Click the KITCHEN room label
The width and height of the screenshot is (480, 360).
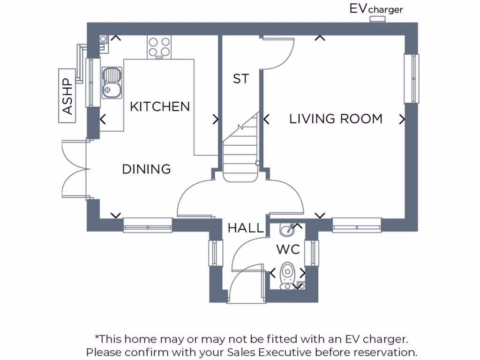[x=160, y=107]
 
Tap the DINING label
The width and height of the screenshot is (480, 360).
[x=146, y=169]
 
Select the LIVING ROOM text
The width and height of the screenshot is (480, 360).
[x=336, y=119]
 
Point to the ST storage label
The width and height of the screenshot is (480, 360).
[x=241, y=79]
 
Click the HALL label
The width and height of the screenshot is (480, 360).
[x=246, y=229]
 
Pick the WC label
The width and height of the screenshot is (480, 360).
[x=288, y=250]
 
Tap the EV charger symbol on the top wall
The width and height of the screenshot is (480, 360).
[x=377, y=19]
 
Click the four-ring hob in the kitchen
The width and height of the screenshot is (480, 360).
[x=159, y=46]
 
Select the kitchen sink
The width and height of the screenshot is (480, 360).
[x=112, y=82]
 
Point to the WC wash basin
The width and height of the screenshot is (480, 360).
[x=287, y=229]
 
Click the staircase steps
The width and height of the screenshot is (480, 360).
[x=240, y=155]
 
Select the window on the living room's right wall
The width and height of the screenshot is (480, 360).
[x=412, y=79]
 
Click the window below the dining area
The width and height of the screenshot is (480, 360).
[x=148, y=225]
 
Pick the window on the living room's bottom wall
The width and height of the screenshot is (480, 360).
[x=357, y=225]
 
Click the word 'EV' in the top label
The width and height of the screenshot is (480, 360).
[x=359, y=8]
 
